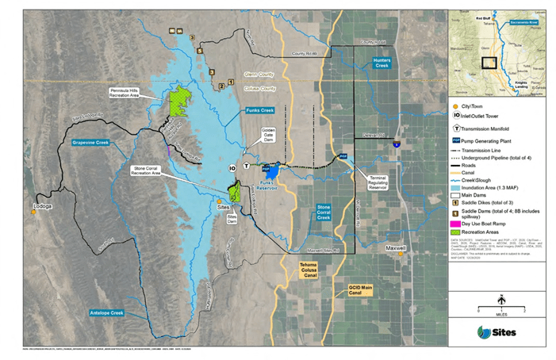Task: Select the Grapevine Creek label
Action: click(x=90, y=144)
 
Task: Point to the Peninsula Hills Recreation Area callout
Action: click(x=126, y=93)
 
